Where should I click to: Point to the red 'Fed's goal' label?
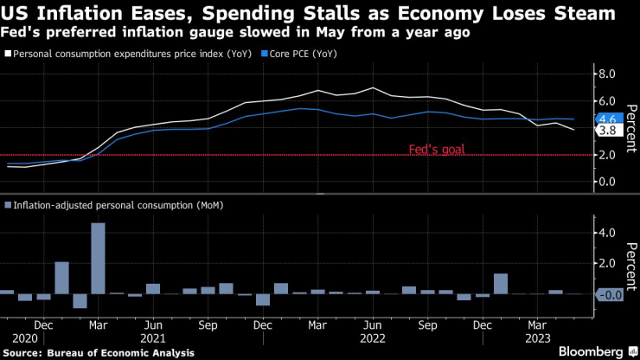click(436, 149)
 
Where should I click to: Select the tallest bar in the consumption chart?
click(98, 258)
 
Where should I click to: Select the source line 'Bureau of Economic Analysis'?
click(98, 352)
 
